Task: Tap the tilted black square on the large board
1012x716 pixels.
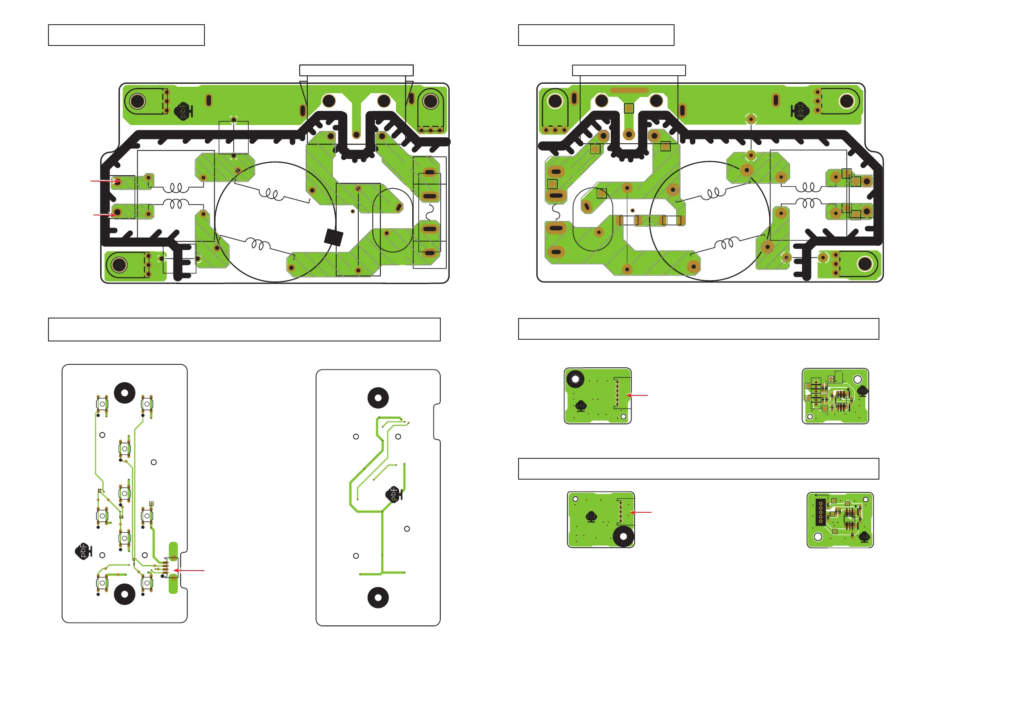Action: coord(334,237)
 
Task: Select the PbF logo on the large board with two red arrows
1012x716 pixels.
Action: coord(183,111)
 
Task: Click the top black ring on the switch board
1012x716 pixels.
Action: coord(125,392)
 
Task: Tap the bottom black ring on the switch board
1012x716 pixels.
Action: coord(125,594)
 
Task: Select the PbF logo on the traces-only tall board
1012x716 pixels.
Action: coord(394,494)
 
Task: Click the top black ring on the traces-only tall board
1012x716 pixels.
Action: coord(378,398)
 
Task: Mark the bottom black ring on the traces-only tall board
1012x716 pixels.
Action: coord(378,598)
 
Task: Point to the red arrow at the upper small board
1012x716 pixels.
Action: coord(637,395)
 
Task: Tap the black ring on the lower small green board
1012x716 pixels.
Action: coord(623,537)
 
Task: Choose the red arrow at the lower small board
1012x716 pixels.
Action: coord(641,512)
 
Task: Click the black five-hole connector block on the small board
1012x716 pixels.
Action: coord(820,512)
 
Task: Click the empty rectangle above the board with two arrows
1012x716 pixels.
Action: coord(356,71)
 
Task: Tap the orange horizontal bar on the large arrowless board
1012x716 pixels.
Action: coord(629,91)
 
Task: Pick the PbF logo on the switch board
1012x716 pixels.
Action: coord(83,551)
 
